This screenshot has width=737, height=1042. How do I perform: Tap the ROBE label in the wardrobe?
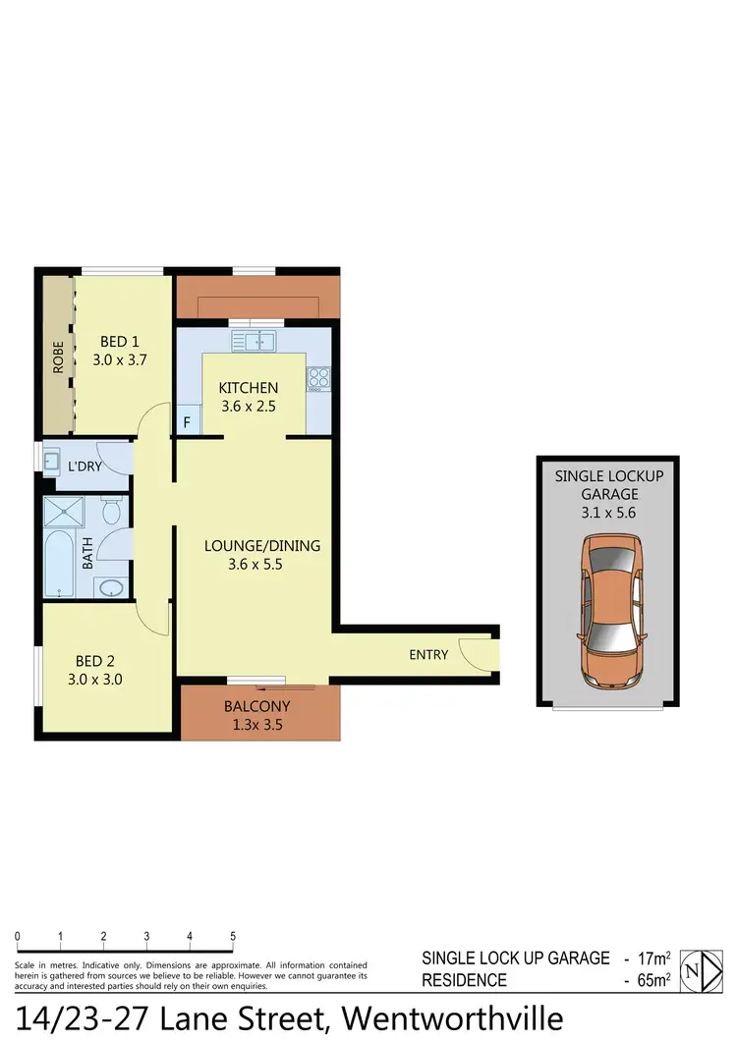point(57,356)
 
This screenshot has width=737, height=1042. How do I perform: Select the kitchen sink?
point(255,341)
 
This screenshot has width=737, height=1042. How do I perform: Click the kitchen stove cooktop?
point(318,377)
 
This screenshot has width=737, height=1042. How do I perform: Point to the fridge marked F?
point(188,423)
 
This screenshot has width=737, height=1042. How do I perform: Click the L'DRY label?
point(85,466)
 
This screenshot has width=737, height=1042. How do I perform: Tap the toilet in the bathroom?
point(112,512)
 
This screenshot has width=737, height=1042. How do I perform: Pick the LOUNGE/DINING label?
point(261,546)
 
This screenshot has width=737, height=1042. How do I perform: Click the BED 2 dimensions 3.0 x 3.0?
point(96,679)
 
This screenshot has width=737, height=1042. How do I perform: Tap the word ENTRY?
point(428,655)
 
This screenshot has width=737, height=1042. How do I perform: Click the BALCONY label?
point(257,705)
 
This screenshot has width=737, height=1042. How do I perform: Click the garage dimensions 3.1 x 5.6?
point(609,513)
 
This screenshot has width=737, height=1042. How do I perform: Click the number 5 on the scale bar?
point(233,936)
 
